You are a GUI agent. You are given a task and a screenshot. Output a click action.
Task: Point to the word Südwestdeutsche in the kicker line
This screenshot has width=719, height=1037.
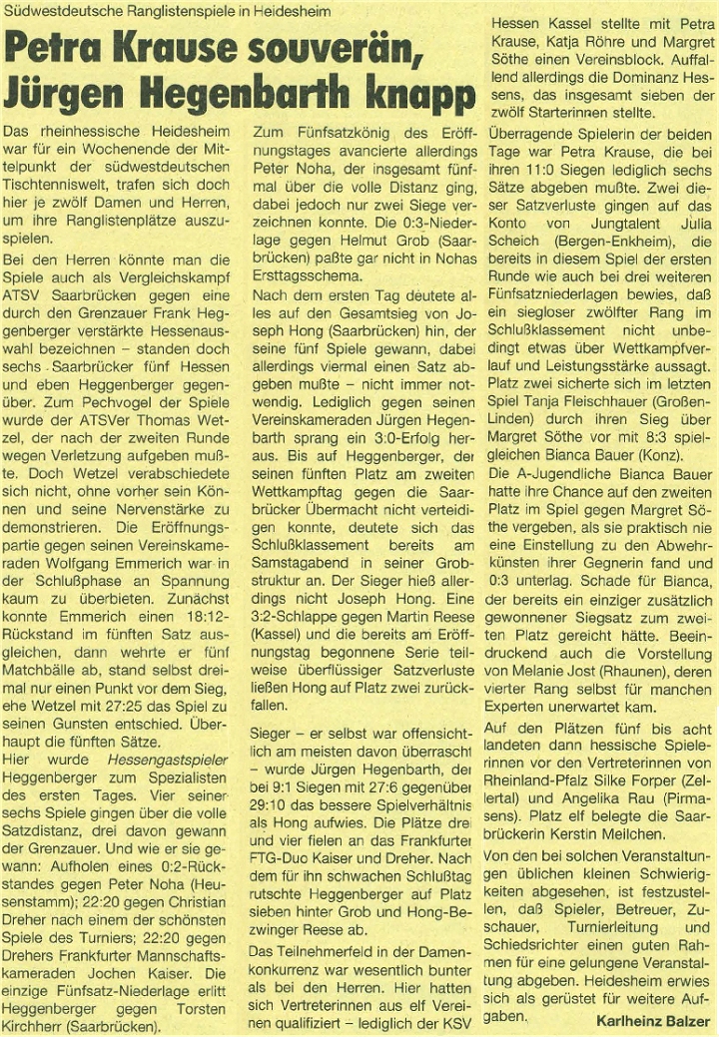click(x=59, y=10)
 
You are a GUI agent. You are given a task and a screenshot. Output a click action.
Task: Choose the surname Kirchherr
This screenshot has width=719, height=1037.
click(x=40, y=1022)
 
